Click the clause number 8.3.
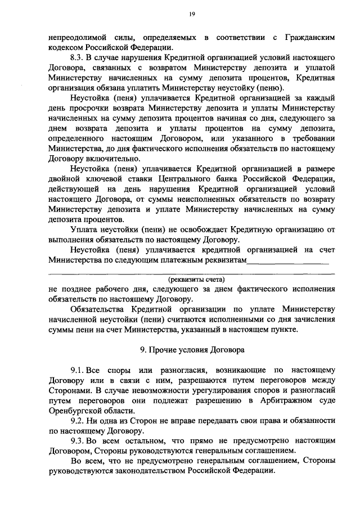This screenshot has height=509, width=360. click(x=77, y=58)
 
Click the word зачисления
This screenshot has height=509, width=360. click(x=309, y=319)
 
